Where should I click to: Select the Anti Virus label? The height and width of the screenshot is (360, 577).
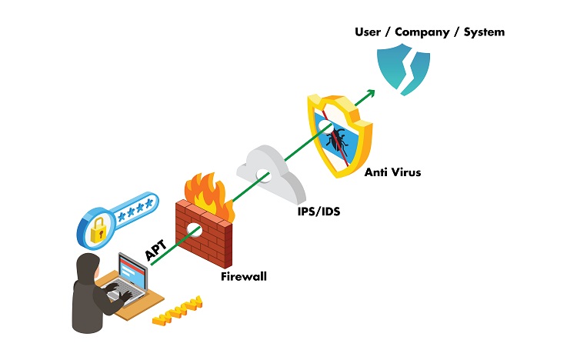point(393,172)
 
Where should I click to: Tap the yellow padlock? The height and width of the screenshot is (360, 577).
point(98,230)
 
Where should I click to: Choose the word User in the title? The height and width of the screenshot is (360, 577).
point(369,32)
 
